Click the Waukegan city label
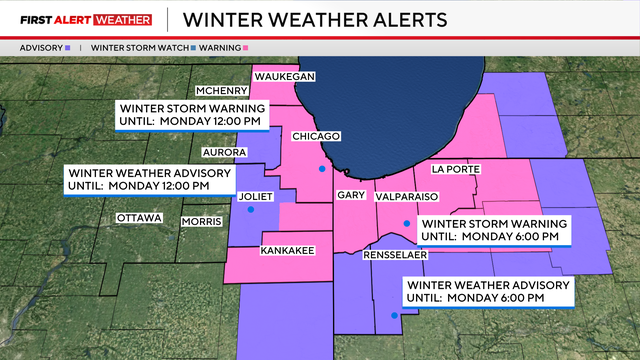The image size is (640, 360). click(x=285, y=76)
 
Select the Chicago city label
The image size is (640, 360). click(x=317, y=136)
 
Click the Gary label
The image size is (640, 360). click(x=350, y=195)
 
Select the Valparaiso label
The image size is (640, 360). click(x=407, y=197)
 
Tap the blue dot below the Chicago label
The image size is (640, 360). click(x=322, y=168)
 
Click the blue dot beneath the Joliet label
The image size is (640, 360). click(x=250, y=210)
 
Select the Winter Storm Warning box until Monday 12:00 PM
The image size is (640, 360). click(x=191, y=113)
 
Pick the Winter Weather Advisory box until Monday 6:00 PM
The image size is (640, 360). click(x=487, y=291)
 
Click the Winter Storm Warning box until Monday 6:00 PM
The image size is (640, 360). click(x=494, y=229)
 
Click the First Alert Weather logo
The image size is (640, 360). click(x=86, y=19)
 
